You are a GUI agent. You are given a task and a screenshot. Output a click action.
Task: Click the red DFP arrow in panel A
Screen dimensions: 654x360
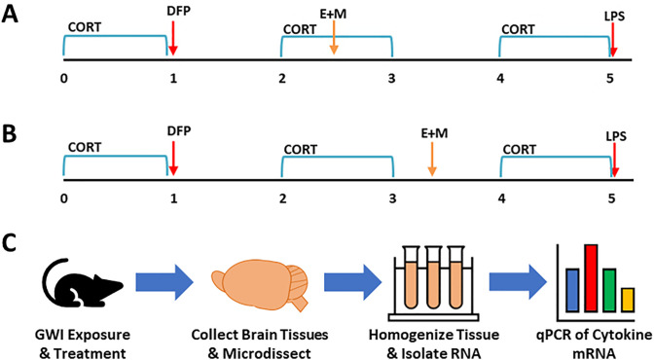click(x=173, y=38)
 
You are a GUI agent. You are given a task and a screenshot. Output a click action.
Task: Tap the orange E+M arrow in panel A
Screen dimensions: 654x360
click(x=334, y=38)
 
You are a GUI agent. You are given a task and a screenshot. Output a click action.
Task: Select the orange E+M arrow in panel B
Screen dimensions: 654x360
click(x=432, y=159)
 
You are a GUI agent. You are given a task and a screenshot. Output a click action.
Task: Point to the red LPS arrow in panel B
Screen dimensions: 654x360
click(x=613, y=160)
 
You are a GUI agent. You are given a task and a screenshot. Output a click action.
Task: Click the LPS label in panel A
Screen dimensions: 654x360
click(x=614, y=17)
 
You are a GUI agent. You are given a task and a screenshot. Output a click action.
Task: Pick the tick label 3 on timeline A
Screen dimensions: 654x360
click(x=391, y=78)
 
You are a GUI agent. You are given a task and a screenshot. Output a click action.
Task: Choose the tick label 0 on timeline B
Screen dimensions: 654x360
click(x=64, y=198)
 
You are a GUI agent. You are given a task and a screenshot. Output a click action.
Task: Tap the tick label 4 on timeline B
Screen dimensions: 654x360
click(x=501, y=198)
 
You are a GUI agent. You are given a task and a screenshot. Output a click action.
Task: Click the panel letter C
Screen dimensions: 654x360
click(x=9, y=244)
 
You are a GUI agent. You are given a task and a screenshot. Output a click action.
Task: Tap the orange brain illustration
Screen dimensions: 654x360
click(x=260, y=284)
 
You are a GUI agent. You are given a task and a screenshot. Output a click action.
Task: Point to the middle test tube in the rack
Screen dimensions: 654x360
click(x=433, y=277)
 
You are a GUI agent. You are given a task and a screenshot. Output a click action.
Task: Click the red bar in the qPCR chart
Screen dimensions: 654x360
click(x=591, y=278)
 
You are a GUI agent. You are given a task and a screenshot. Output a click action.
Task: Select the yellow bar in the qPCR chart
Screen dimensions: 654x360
click(x=628, y=300)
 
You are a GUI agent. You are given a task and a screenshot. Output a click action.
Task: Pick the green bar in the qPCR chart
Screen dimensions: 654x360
click(x=609, y=290)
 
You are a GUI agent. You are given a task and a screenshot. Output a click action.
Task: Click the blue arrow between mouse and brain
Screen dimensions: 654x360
click(x=164, y=282)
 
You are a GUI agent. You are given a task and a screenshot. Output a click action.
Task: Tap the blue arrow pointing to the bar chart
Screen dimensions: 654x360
click(x=518, y=282)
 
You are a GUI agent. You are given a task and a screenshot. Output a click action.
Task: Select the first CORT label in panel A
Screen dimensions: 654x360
click(x=85, y=27)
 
